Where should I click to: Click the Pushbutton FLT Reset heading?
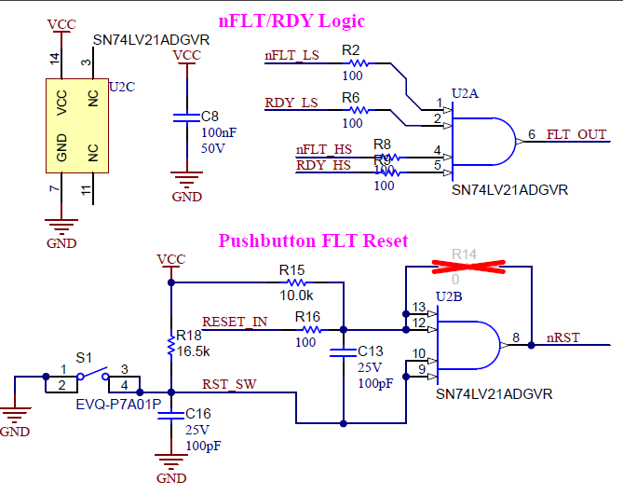[313, 241]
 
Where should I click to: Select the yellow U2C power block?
[76, 125]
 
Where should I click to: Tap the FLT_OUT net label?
[576, 134]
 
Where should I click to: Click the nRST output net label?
[564, 337]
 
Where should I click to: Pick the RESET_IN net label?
[235, 322]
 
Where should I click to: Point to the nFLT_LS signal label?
[292, 56]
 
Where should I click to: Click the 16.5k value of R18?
[194, 351]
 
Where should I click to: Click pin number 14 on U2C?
[54, 58]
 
